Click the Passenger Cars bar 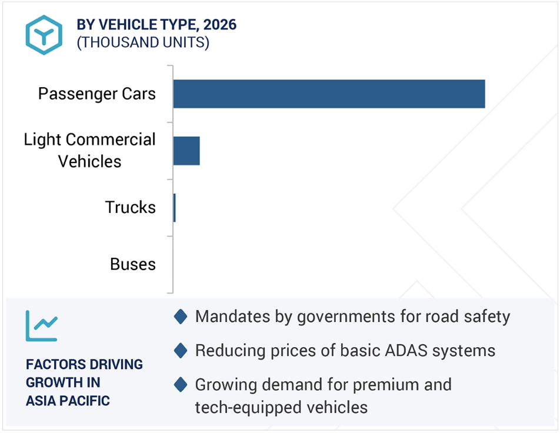[x=329, y=94]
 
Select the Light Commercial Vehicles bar [x=186, y=151]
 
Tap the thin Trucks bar [x=174, y=208]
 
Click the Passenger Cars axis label [x=97, y=94]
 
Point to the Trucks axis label [x=131, y=207]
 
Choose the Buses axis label [x=133, y=264]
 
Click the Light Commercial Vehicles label [x=89, y=150]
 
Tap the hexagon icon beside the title [x=44, y=35]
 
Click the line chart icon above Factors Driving [x=41, y=325]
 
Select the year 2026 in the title [x=219, y=25]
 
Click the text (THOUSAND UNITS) [x=143, y=42]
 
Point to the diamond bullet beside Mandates [x=181, y=317]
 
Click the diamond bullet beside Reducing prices [x=181, y=351]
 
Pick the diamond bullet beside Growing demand [x=181, y=385]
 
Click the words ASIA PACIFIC [x=68, y=401]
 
